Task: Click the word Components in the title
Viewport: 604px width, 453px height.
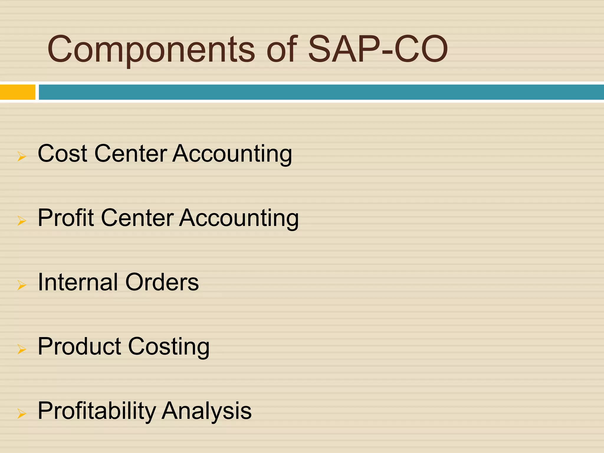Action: pyautogui.click(x=151, y=49)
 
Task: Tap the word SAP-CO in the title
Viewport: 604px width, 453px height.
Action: pyautogui.click(x=377, y=49)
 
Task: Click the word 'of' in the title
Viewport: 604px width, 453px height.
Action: pyautogui.click(x=282, y=49)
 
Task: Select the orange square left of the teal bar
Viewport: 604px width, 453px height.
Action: pyautogui.click(x=17, y=92)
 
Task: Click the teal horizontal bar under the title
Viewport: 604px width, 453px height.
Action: pyautogui.click(x=321, y=92)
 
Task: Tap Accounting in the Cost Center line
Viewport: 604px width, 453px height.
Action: pyautogui.click(x=232, y=154)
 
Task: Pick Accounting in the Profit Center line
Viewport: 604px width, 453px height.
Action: pyautogui.click(x=239, y=218)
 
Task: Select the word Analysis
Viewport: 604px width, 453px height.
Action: pyautogui.click(x=207, y=411)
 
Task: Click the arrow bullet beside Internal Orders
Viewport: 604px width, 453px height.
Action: pyautogui.click(x=22, y=285)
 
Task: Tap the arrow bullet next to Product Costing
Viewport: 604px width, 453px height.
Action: pyautogui.click(x=22, y=349)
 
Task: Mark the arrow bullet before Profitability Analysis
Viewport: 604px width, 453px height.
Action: pyautogui.click(x=22, y=413)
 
